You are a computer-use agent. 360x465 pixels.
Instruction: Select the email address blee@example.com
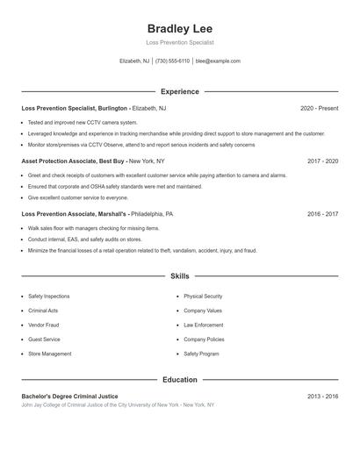point(217,61)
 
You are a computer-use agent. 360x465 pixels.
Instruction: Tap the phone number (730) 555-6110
point(173,61)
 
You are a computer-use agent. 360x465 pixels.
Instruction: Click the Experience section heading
point(179,91)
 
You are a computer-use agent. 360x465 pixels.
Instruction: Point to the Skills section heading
point(179,275)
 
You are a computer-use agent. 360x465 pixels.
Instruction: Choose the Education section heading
point(179,380)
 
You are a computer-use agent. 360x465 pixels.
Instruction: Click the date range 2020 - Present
point(319,108)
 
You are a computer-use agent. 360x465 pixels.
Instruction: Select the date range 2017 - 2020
point(322,161)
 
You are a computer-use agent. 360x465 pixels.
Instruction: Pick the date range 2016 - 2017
point(322,214)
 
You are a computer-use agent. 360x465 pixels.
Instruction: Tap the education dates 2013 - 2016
point(322,397)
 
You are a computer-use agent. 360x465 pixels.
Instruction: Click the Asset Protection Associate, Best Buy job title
point(74,161)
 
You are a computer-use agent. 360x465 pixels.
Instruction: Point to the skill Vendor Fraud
point(45,325)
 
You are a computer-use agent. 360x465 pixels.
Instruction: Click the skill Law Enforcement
point(203,325)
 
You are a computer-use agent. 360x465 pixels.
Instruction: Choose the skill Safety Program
point(201,354)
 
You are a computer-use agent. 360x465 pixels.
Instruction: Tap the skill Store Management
point(50,354)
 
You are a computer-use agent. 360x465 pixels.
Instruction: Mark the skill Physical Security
point(203,297)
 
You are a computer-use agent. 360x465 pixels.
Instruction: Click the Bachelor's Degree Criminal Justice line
point(69,397)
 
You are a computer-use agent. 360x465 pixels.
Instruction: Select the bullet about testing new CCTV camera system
point(83,123)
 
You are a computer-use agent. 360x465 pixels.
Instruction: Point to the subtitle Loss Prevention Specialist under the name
point(179,42)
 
